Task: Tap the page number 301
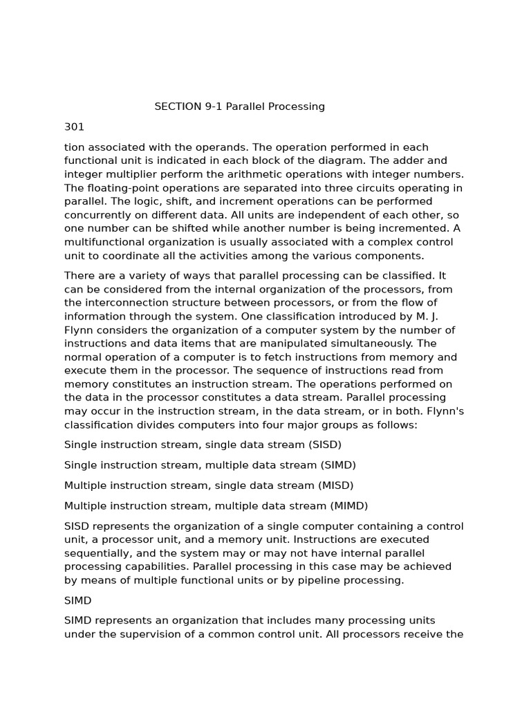pyautogui.click(x=74, y=127)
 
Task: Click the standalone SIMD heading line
pyautogui.click(x=77, y=601)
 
